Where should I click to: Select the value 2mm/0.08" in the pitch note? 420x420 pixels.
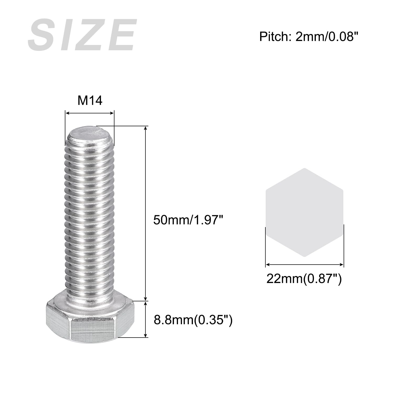coord(327,36)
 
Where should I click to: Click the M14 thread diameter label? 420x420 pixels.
coord(90,100)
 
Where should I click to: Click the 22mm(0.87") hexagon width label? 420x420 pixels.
coord(304,279)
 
